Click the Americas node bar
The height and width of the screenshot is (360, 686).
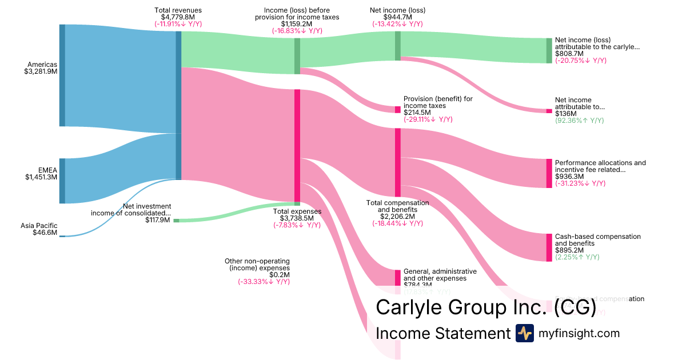coord(62,75)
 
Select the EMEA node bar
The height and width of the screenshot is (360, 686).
coord(62,181)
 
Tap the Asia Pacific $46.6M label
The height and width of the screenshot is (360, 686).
coord(39,233)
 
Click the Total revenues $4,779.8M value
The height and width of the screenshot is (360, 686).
coord(178,17)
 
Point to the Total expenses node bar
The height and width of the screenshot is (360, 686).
coord(297,145)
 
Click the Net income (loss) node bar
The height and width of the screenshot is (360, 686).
coord(398,46)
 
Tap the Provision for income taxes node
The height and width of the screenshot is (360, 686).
coord(398,109)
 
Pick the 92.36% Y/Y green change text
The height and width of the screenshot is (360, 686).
coord(579,121)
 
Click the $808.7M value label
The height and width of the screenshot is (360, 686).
coord(569,53)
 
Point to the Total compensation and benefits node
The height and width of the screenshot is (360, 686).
coord(398,163)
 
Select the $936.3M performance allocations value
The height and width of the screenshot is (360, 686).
coord(569,177)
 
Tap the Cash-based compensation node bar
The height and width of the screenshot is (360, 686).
coord(549,247)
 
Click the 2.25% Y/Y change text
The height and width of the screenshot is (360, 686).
coord(577,257)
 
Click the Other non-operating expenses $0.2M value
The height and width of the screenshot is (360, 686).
coord(280,274)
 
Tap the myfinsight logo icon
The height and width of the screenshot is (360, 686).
coord(524,333)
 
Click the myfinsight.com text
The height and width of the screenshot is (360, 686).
coord(579,333)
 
